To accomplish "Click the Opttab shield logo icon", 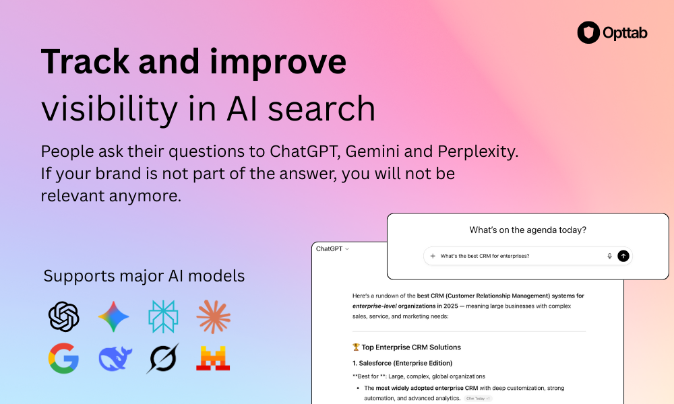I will click(588, 32).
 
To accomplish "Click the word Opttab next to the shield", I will click(624, 33).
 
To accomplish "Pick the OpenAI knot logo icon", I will click(64, 316).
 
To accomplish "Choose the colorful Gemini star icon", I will click(114, 316).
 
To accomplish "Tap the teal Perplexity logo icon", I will click(164, 316).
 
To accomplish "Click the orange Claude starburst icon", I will click(214, 316).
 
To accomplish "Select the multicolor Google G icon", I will click(64, 358).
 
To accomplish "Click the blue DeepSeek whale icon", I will click(114, 358).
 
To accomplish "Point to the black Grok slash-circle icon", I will click(163, 358).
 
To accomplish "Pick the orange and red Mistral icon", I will click(213, 358).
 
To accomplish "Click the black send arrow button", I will click(623, 256).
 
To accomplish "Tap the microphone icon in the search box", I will click(609, 256).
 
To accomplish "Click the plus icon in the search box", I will click(433, 256).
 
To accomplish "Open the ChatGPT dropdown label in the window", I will click(332, 248).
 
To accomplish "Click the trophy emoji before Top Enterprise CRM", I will click(356, 347).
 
